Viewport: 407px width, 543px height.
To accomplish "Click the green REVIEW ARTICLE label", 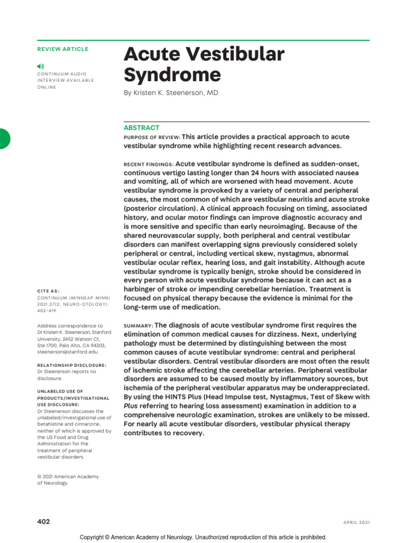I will (x=63, y=49).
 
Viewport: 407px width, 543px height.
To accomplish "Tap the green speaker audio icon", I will (x=41, y=66).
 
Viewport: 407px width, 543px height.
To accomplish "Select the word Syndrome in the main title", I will (x=172, y=75).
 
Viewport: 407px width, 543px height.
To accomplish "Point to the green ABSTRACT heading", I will (x=141, y=128).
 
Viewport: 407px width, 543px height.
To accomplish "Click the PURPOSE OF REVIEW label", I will (x=152, y=137).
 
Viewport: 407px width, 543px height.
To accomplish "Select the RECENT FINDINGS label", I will (x=148, y=164).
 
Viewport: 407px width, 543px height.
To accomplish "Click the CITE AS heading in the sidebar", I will (x=48, y=291).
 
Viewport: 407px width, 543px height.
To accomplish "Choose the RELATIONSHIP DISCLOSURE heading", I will (x=72, y=365).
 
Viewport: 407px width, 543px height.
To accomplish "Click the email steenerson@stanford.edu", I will (x=67, y=352).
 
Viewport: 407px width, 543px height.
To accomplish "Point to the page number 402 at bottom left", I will (x=43, y=522).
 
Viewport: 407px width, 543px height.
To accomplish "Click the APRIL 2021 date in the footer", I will (x=356, y=522).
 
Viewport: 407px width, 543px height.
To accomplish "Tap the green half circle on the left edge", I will (x=4, y=139).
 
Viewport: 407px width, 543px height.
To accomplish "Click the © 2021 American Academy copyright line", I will (x=68, y=477).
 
